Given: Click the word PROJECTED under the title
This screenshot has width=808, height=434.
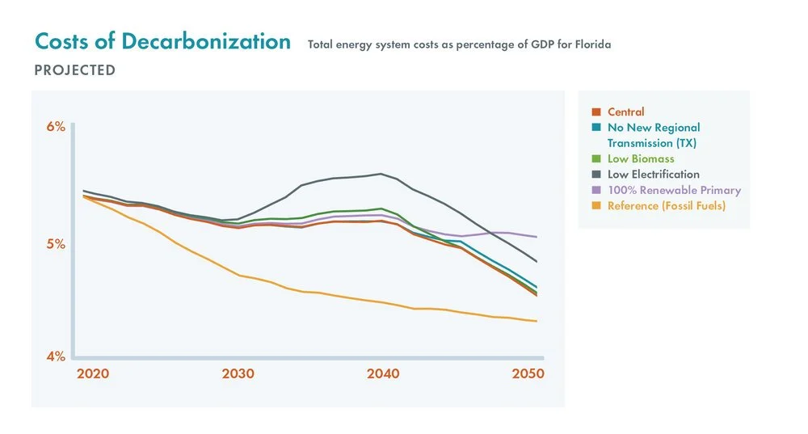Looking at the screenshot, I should coord(74,70).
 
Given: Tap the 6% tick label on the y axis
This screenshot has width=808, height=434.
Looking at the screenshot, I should coord(54,127).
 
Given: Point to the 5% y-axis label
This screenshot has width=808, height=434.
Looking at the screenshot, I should coord(54,244).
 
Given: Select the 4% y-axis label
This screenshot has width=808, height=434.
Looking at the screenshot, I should coord(54,356).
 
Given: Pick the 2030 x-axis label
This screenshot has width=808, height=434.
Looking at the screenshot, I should coord(238,374).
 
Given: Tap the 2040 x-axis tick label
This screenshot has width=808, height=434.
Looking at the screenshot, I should coord(382,374).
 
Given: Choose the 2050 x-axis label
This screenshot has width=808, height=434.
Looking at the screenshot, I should coord(528,374).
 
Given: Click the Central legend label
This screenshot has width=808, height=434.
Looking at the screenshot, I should coord(626,112).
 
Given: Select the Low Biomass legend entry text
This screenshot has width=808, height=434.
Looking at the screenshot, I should coord(641,158).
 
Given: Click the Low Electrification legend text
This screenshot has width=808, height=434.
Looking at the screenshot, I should coord(654,175).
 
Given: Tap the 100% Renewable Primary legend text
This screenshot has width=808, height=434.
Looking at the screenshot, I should coord(674,190).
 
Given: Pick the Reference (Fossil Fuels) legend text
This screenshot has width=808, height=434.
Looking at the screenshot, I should coord(667,205).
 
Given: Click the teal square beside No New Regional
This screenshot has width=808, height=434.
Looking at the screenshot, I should coord(596,128).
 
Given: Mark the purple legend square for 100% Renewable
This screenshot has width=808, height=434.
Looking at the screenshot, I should coord(596,190).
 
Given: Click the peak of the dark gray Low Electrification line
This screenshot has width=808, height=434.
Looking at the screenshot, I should coord(381,174).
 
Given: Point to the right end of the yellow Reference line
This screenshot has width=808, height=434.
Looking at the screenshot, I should coord(537,321).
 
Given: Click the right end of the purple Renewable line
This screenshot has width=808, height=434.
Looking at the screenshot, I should coord(537,237).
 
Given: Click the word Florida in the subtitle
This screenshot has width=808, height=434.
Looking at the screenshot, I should coord(592,44).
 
